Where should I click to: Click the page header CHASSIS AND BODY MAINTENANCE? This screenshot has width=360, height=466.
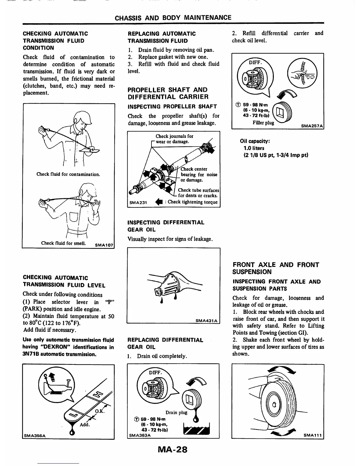click(173, 18)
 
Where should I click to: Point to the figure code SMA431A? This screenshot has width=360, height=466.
click(206, 321)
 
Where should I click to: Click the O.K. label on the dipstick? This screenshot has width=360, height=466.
click(99, 411)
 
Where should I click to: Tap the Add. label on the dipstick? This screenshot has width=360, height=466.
click(85, 425)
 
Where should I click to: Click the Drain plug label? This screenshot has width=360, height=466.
click(176, 412)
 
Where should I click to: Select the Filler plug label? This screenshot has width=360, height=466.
click(263, 123)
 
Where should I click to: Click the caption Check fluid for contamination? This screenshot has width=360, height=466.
click(68, 174)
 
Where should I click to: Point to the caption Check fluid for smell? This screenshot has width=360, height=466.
click(64, 243)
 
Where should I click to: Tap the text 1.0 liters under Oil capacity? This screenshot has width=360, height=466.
click(254, 148)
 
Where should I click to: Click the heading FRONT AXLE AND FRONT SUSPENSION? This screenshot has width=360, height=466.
click(276, 268)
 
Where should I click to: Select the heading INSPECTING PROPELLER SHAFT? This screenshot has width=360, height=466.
click(172, 106)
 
